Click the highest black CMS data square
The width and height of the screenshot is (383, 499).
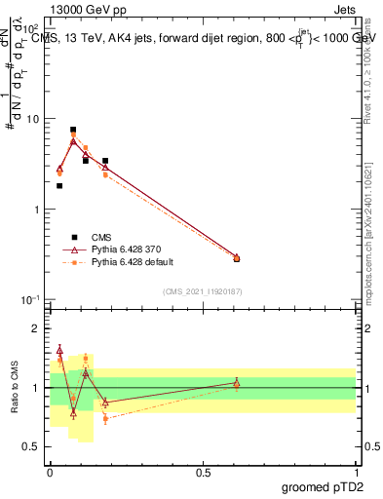pos(73,130)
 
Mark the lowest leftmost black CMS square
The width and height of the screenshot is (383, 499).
pos(59,185)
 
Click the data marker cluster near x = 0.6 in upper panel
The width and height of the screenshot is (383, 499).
pos(237,258)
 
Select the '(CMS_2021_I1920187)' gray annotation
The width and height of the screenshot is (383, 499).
pos(203,290)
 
